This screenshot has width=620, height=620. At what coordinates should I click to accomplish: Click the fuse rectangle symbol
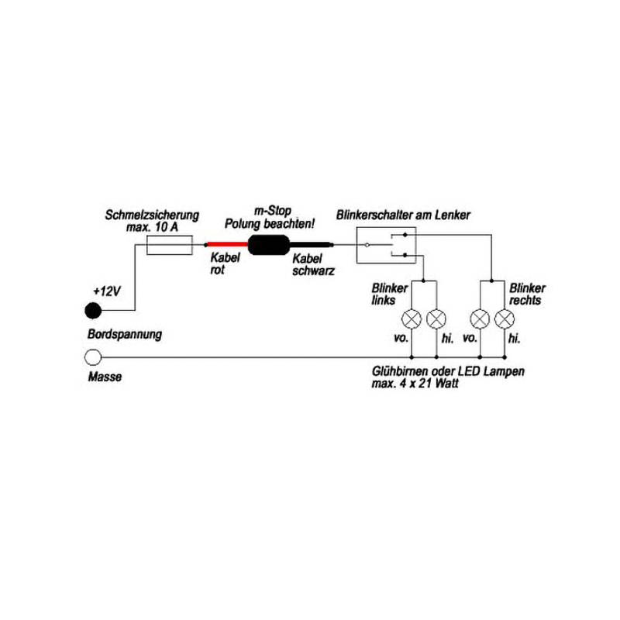click(x=170, y=246)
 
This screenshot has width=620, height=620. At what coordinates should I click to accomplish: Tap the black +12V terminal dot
click(x=93, y=311)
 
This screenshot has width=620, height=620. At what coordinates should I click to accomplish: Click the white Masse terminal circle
click(x=93, y=357)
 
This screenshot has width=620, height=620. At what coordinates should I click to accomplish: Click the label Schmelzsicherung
click(x=153, y=215)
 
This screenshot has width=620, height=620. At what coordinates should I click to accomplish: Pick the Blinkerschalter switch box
click(x=385, y=245)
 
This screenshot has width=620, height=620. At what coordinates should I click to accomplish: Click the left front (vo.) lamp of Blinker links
click(x=412, y=319)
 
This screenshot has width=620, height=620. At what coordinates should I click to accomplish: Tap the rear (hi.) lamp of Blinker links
click(x=437, y=319)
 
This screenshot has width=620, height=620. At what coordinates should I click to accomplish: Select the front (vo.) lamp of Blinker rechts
click(x=480, y=319)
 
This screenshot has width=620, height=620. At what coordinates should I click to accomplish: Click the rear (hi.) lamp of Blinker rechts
click(x=505, y=319)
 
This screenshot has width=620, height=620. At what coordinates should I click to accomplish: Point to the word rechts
click(x=525, y=299)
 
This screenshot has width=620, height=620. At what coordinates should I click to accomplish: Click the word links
click(x=384, y=299)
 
